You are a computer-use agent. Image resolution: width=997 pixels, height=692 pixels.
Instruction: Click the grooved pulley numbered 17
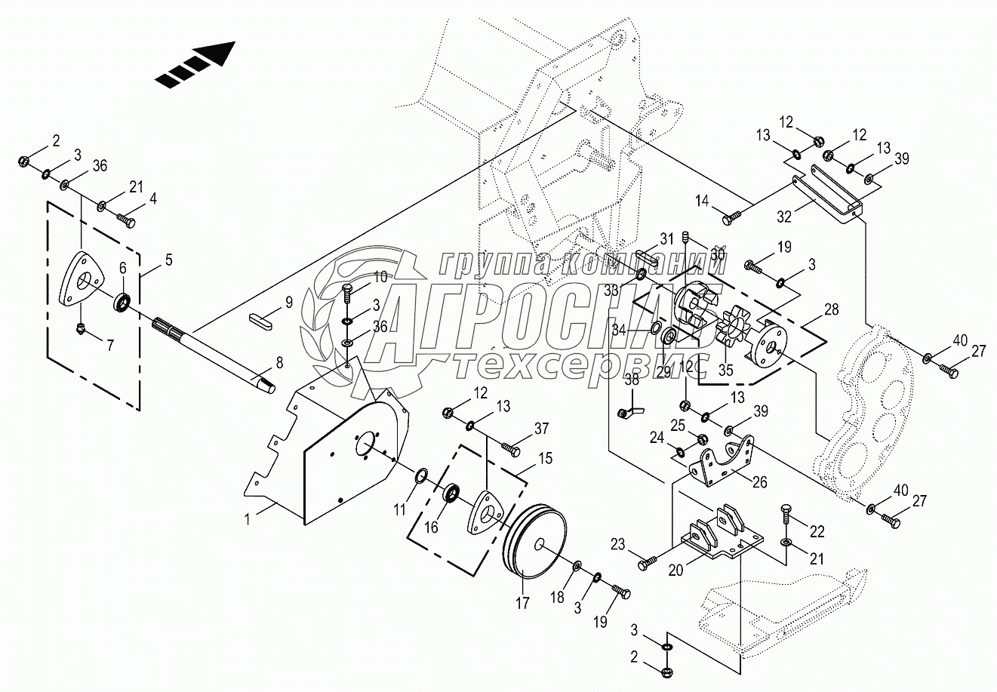click(534, 543)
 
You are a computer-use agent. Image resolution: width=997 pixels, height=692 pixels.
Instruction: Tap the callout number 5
click(168, 260)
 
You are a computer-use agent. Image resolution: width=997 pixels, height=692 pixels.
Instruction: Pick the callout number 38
click(632, 380)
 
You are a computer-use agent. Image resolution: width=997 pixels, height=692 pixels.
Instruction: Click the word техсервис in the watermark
click(581, 366)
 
